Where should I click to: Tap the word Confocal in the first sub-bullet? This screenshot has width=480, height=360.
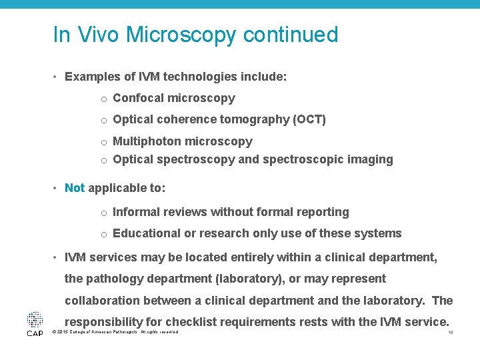pos(139,98)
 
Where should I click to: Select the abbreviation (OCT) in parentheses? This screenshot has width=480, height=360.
pos(309,119)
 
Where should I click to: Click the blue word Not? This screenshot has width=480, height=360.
pos(75,188)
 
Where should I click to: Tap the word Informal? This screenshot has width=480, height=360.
pos(138,212)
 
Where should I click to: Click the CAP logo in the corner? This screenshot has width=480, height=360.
pos(35,323)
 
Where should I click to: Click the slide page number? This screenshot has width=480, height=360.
pos(451,332)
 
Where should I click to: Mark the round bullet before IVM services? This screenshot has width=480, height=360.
pos(56,257)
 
